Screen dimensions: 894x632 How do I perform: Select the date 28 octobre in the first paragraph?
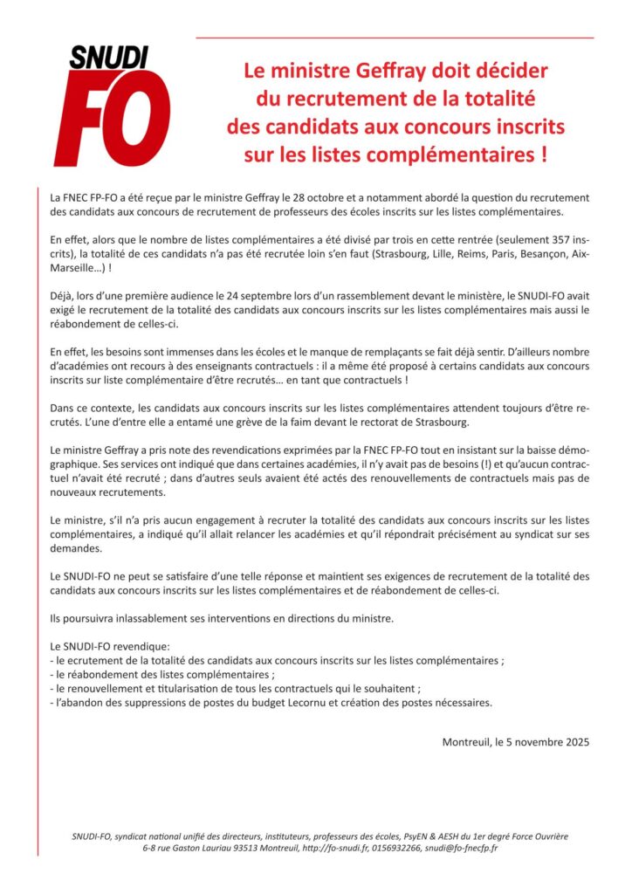point(328,198)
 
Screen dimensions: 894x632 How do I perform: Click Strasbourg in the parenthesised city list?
point(393,254)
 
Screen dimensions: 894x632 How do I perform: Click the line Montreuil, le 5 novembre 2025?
point(516,743)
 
